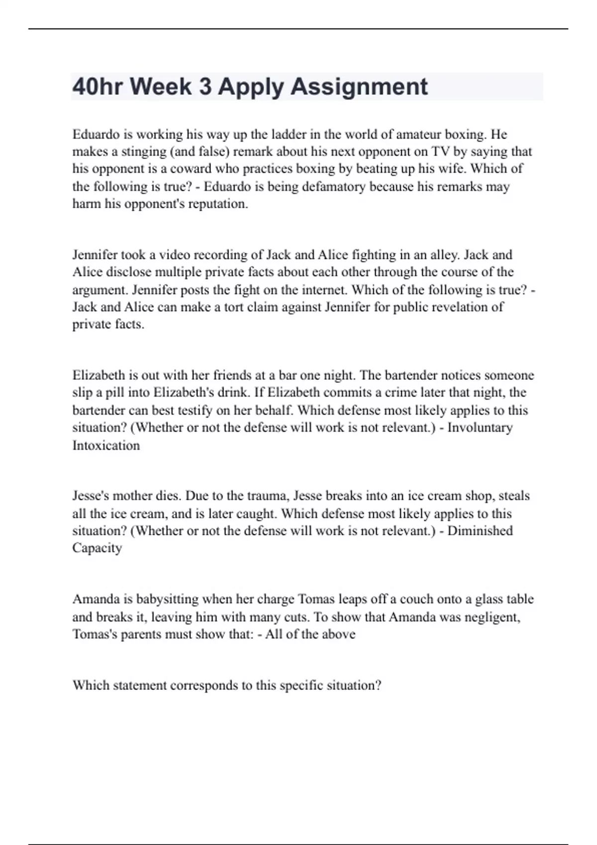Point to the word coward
(192, 169)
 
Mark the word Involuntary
(480, 427)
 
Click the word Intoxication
(106, 445)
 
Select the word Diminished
(480, 531)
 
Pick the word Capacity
(97, 548)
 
